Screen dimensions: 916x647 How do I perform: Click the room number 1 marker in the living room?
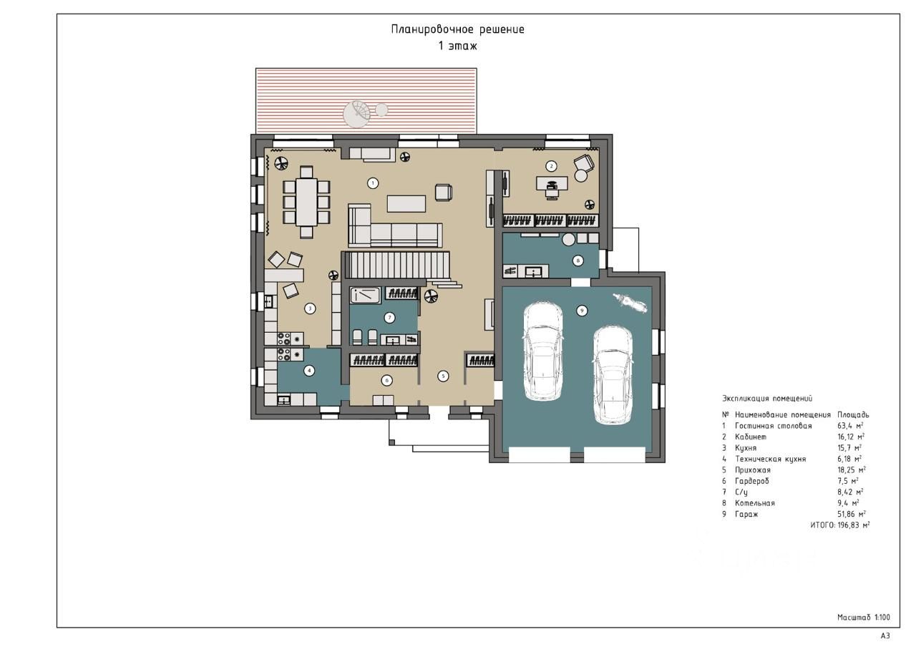coord(373,183)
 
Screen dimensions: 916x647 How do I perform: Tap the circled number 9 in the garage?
coord(582,311)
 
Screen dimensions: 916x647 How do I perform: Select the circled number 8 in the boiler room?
coord(578,261)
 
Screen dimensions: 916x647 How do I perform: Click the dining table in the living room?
coord(307,202)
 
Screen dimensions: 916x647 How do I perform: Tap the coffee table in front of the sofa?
coord(406,204)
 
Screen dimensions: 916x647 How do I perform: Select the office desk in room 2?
coord(552,183)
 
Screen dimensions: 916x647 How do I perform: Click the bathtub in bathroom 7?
coord(365,296)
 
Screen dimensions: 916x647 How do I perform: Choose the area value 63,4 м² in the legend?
coord(851,426)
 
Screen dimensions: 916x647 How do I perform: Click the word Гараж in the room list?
coord(746,514)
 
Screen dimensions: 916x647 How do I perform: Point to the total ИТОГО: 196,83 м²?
coord(840,525)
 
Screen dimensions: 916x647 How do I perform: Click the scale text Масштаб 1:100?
coord(864,617)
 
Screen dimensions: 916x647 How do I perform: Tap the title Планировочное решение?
coord(457,29)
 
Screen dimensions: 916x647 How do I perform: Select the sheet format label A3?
coord(885,636)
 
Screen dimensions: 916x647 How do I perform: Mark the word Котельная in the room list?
coord(755,503)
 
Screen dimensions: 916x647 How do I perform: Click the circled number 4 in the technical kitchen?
coord(309,371)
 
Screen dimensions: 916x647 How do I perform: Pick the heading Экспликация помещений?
coord(767,399)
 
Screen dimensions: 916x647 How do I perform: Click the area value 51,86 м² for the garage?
coord(852,514)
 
